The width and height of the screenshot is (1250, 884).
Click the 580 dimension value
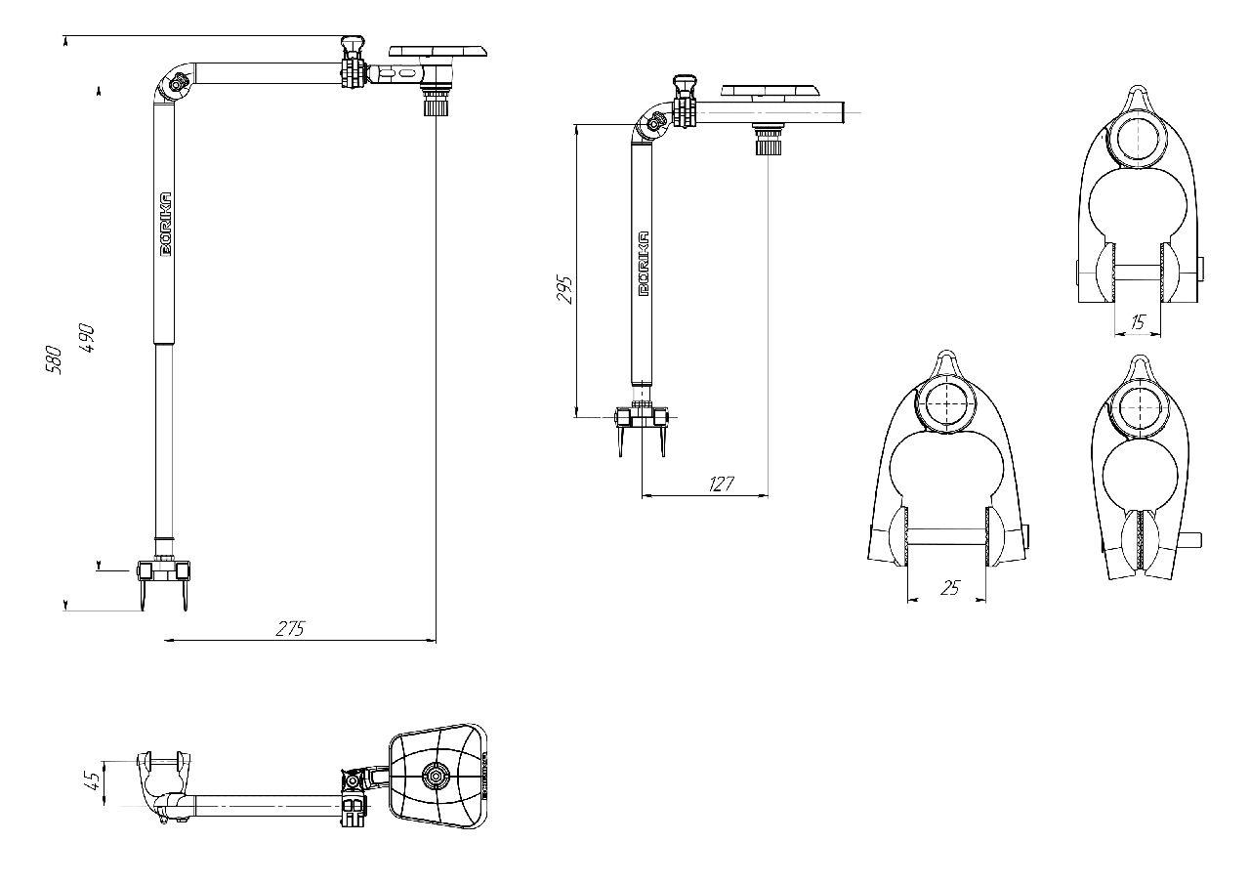pos(53,360)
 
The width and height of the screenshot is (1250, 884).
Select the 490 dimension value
pos(87,338)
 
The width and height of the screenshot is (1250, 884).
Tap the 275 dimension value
pos(290,629)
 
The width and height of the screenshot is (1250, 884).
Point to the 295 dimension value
pos(564,289)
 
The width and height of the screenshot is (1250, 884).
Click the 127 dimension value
pos(721,484)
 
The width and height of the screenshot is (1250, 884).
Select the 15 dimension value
pos(1138,322)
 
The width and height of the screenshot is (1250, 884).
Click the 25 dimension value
pos(950,588)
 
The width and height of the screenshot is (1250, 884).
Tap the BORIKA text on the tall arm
pos(166,225)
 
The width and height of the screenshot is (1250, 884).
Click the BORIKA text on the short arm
pos(644,264)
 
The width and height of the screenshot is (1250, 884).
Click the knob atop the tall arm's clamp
pos(353,44)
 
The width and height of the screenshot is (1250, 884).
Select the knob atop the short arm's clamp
pos(685,84)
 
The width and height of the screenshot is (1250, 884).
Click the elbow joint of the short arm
pos(654,123)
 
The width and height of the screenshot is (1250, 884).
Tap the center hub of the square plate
pos(436,776)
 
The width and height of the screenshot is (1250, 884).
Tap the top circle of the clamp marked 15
pos(1138,142)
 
